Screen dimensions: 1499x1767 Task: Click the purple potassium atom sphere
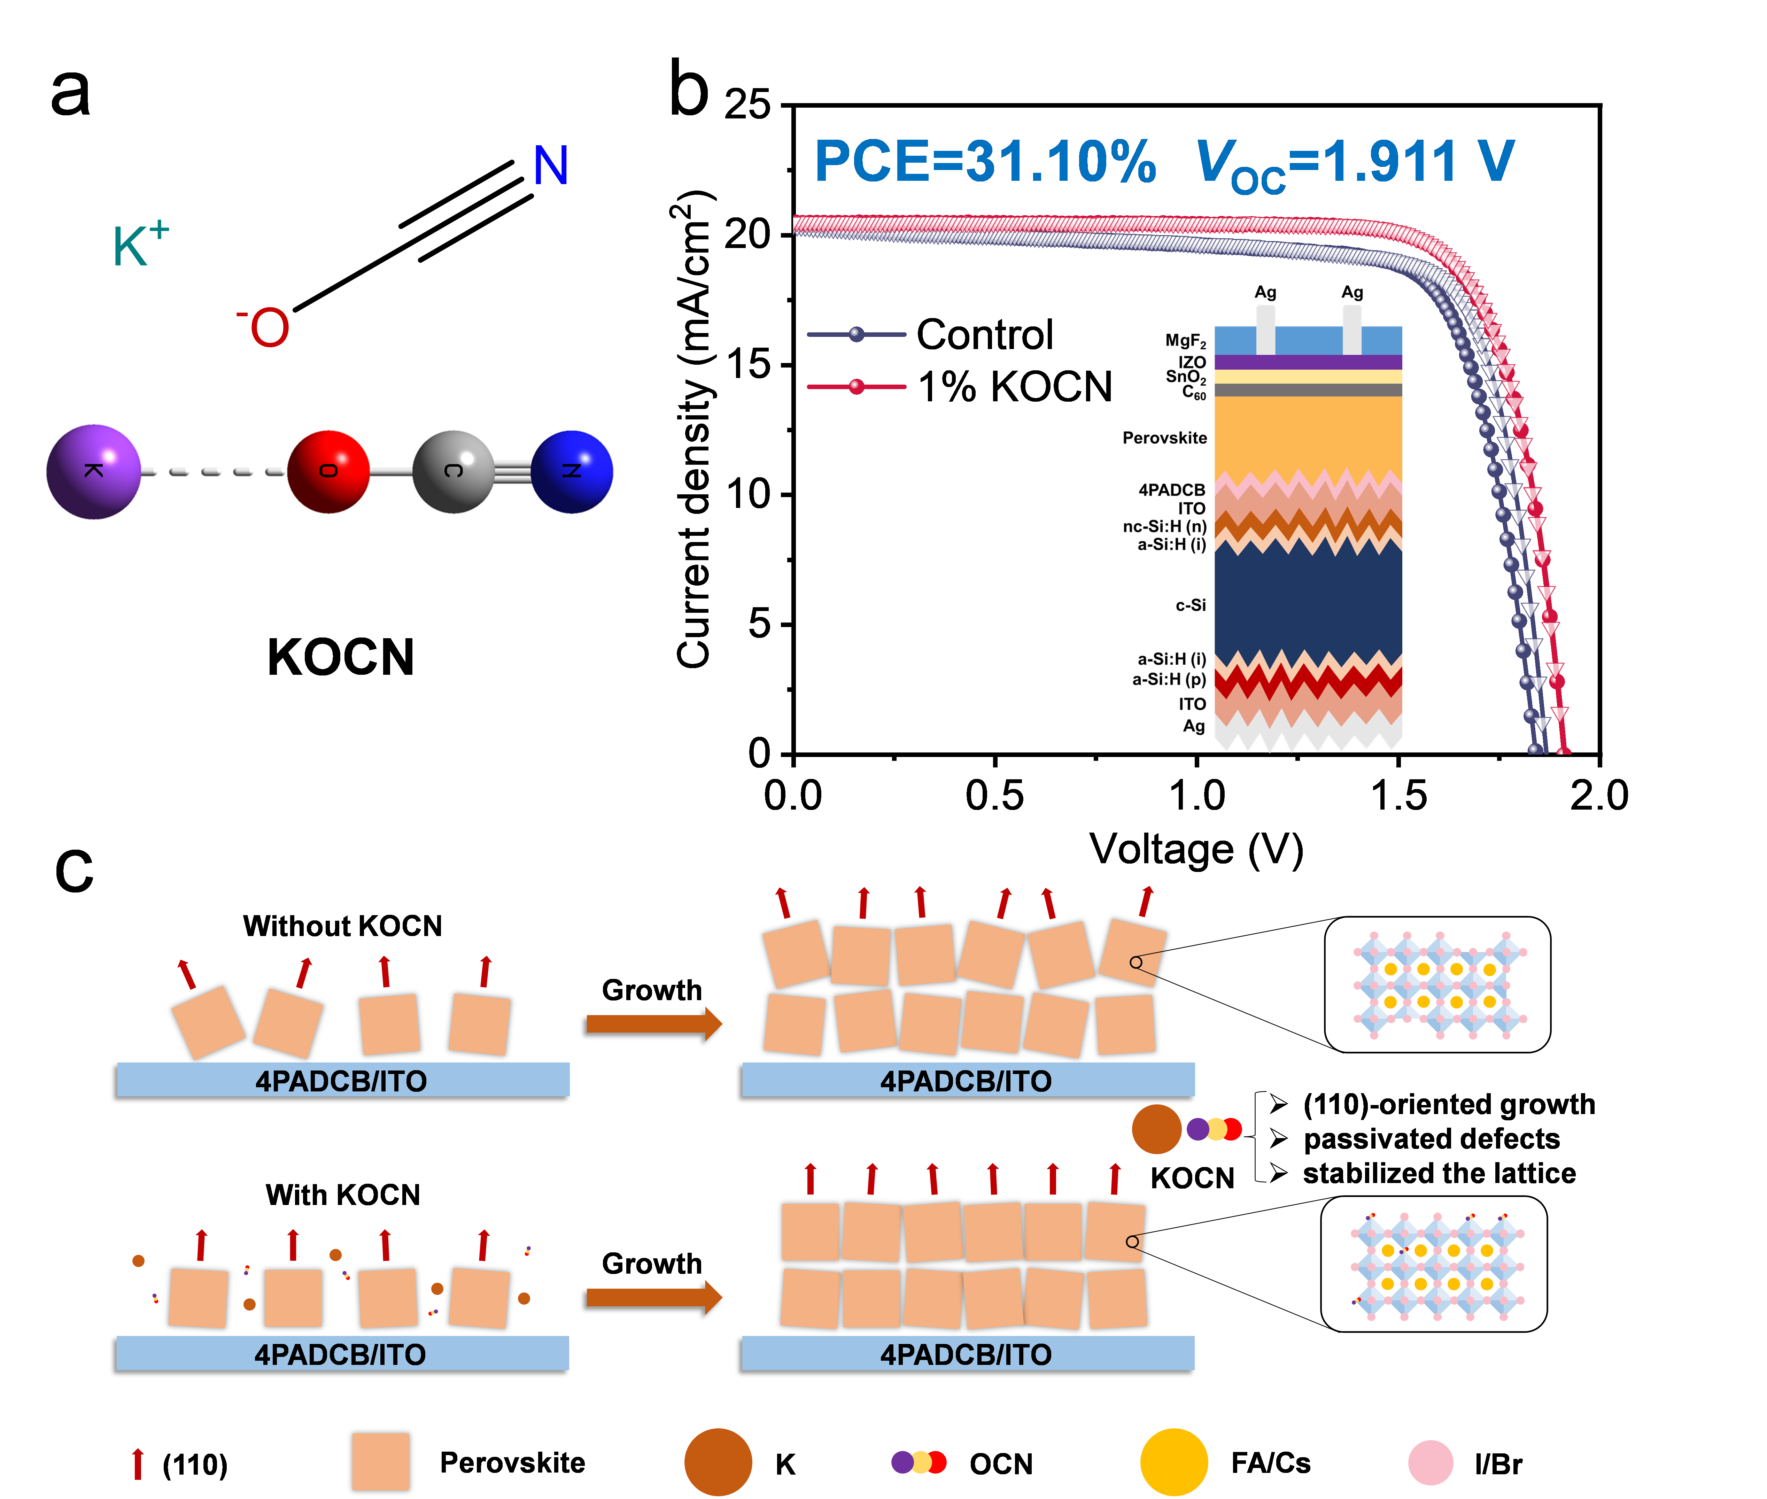[x=93, y=472]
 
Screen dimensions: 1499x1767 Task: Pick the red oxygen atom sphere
[x=329, y=472]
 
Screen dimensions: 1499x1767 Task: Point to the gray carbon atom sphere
[x=453, y=472]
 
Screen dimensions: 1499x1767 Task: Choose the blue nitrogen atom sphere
[x=572, y=472]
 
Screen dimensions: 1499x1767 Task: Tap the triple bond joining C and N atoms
[x=512, y=472]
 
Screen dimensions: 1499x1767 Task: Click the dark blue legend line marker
[x=856, y=334]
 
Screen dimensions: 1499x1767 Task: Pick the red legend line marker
[x=856, y=387]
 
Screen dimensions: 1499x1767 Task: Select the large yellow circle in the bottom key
[x=1174, y=1462]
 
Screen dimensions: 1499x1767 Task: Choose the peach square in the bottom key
[x=381, y=1462]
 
